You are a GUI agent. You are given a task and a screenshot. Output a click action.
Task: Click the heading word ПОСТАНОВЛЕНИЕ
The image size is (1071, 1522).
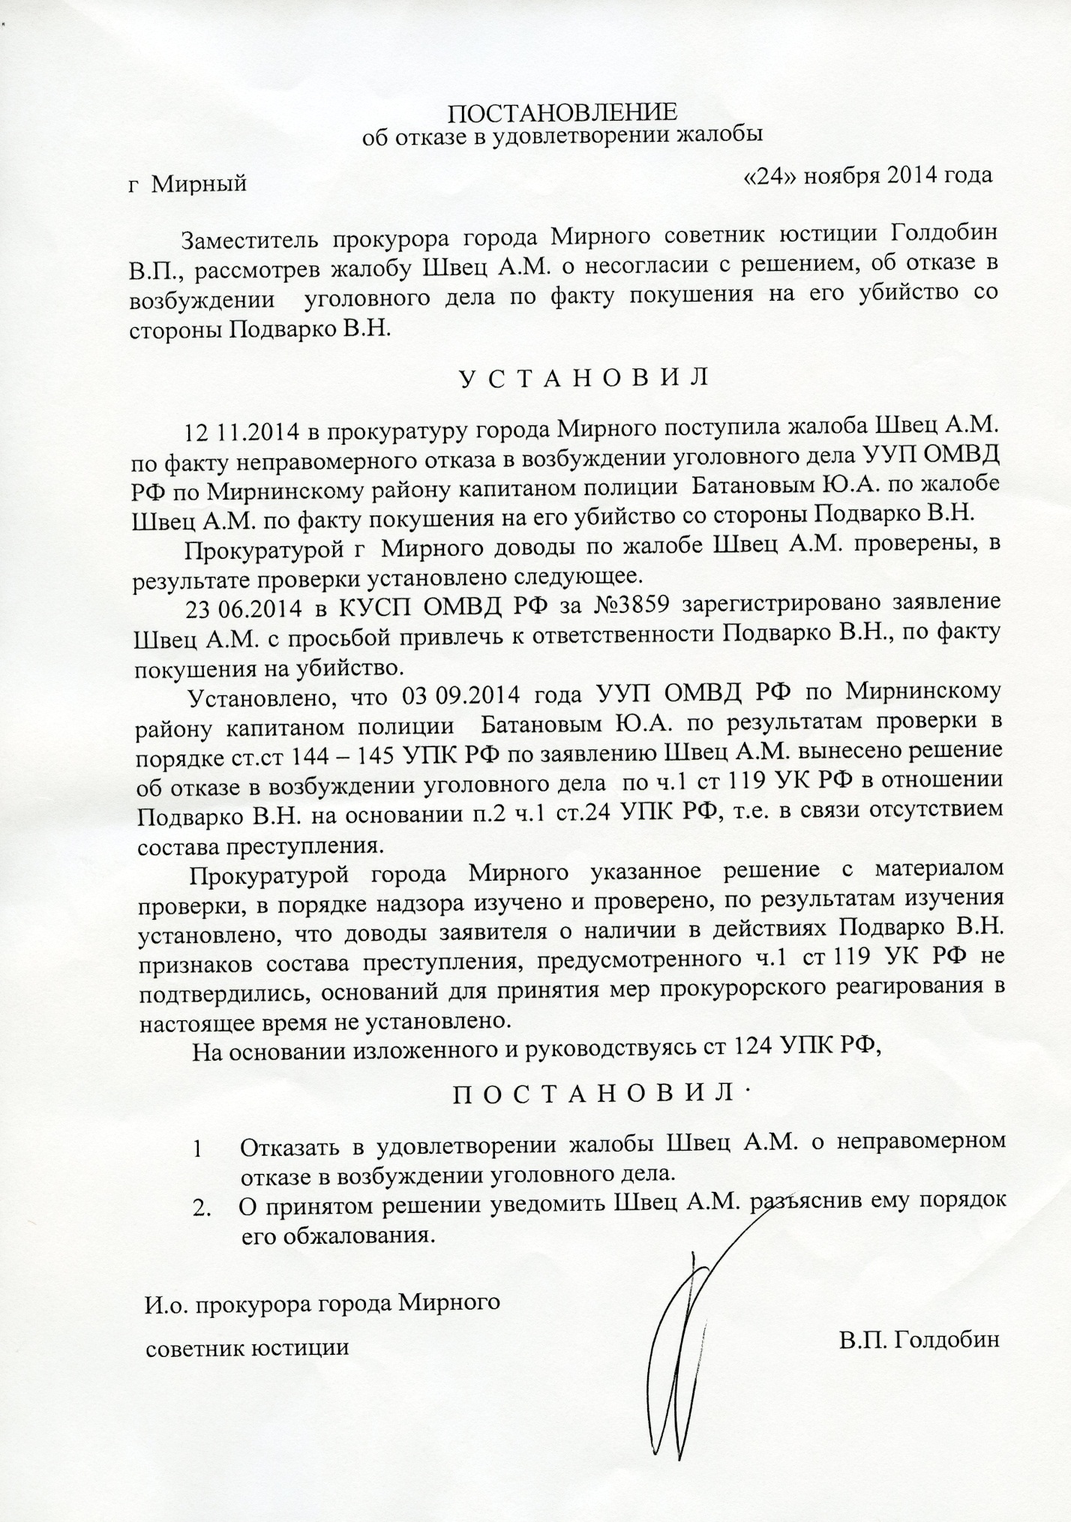click(562, 113)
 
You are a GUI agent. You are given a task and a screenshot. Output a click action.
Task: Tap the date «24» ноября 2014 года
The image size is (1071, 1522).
click(866, 176)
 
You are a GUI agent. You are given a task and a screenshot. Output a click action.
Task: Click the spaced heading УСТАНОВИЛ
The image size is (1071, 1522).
click(583, 377)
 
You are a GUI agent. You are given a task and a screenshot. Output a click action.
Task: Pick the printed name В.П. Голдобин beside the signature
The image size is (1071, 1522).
click(920, 1340)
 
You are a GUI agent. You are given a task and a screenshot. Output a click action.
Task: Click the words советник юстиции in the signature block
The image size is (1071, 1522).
click(247, 1348)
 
